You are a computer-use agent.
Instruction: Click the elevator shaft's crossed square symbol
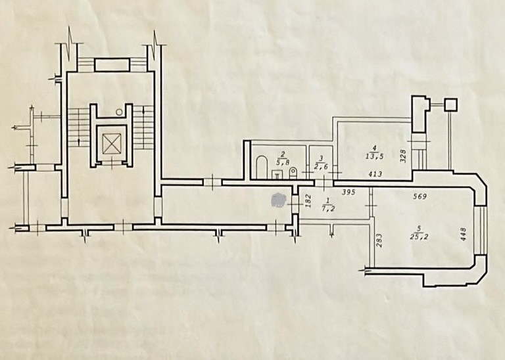click(111, 143)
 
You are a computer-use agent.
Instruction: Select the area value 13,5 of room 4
click(373, 157)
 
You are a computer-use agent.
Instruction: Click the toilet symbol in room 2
click(293, 172)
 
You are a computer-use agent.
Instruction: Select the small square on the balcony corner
click(450, 103)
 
